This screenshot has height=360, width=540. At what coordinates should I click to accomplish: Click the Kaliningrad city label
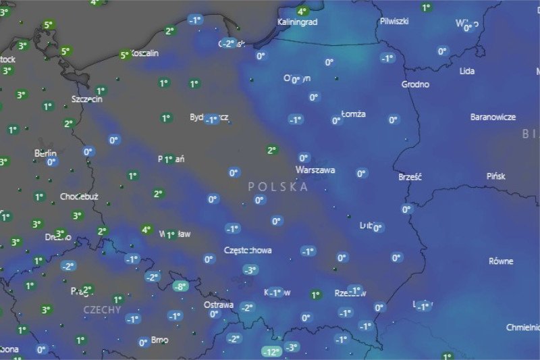click(297, 22)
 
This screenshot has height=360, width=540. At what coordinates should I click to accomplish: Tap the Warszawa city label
click(315, 170)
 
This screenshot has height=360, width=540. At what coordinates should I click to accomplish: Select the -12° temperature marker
click(271, 351)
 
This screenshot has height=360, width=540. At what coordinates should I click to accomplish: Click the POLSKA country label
click(277, 186)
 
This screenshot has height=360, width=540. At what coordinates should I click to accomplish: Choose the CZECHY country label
click(102, 310)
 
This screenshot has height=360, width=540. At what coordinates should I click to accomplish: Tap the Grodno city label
click(415, 84)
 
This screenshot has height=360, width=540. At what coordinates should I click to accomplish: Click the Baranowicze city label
click(493, 117)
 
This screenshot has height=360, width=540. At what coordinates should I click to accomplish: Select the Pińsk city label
click(495, 176)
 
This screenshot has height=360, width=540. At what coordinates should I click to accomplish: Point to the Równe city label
click(501, 261)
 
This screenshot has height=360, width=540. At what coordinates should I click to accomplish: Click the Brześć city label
click(410, 177)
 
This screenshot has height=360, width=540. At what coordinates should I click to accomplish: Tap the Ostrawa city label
click(219, 305)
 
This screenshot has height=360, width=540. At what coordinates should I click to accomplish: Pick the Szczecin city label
click(87, 99)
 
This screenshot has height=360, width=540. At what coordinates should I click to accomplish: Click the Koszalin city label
click(144, 53)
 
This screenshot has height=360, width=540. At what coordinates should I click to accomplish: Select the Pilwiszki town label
click(394, 21)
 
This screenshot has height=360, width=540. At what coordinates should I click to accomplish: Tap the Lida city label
click(466, 70)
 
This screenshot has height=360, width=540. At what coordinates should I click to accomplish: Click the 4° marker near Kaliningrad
click(302, 11)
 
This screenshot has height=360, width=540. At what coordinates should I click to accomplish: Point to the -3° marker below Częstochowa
click(250, 270)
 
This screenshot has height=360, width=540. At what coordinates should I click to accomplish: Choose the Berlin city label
click(45, 153)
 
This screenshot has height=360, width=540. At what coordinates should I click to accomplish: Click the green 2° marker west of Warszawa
click(271, 150)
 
